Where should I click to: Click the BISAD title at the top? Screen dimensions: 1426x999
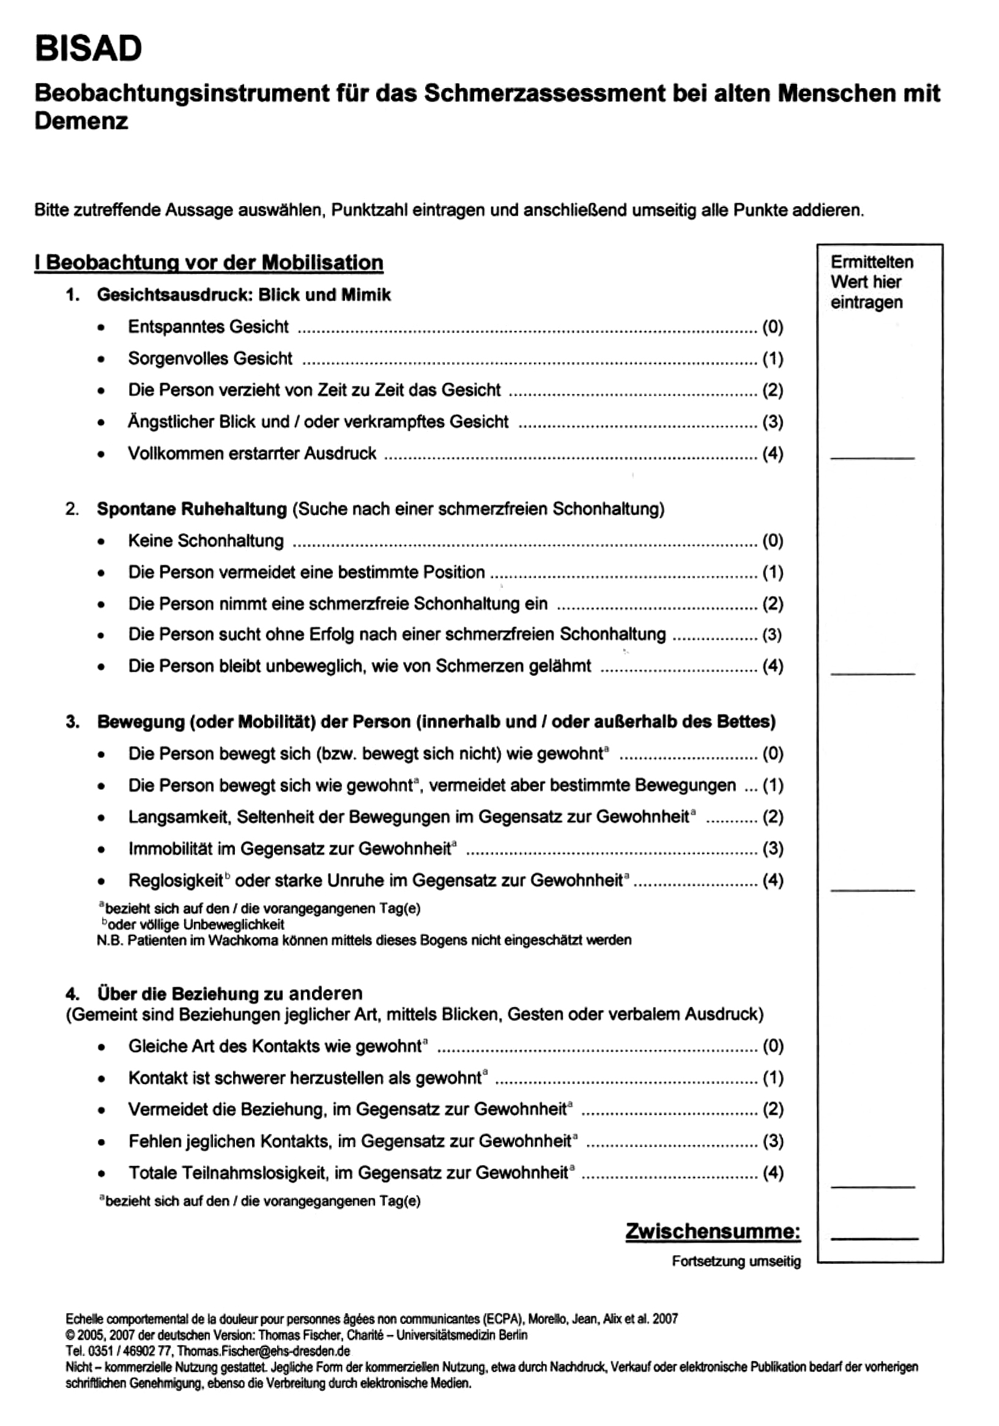pos(88,48)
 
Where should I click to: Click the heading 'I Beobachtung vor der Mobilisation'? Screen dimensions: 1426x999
pos(209,262)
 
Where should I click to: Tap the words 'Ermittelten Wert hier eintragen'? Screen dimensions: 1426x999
pos(872,282)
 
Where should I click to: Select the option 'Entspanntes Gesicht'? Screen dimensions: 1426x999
pos(208,327)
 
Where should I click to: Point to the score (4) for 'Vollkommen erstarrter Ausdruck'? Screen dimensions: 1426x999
pos(772,453)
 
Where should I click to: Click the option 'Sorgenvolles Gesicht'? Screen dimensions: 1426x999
pos(210,358)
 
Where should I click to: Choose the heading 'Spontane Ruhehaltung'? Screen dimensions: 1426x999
pos(191,508)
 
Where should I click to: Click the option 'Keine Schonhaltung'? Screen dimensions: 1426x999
pos(206,540)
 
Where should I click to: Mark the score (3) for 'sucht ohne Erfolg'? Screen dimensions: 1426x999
pos(772,635)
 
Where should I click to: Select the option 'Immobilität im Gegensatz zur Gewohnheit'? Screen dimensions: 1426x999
pos(289,849)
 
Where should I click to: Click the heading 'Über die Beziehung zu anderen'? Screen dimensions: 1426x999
pos(229,993)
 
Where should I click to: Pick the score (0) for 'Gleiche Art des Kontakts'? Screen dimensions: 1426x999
pos(772,1046)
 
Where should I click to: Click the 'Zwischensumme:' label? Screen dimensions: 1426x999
pos(713,1231)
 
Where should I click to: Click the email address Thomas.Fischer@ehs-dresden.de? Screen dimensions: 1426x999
pos(264,1351)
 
